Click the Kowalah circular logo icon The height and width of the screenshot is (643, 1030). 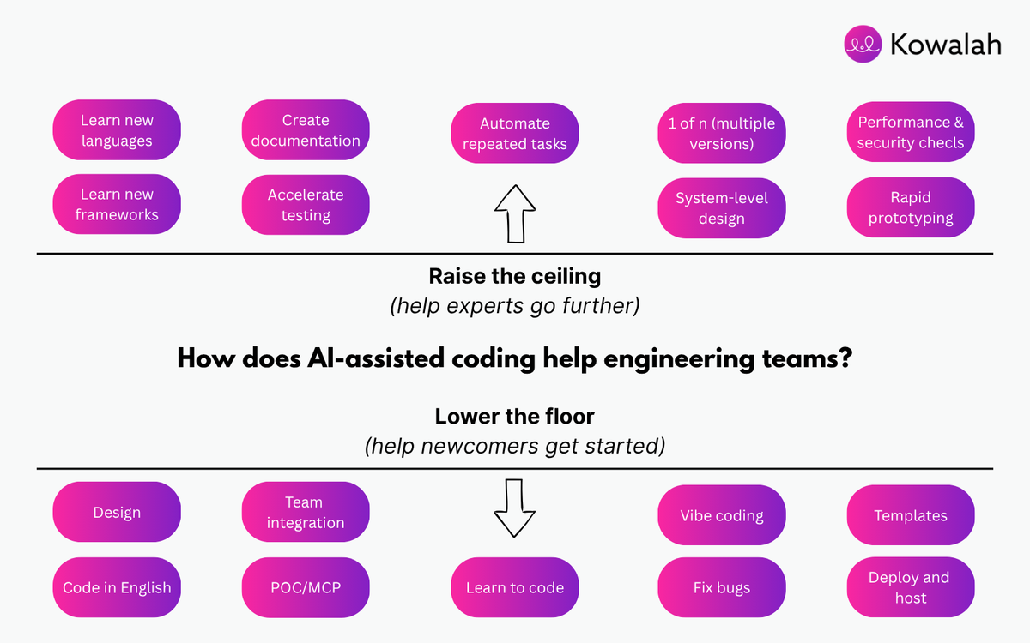[863, 43]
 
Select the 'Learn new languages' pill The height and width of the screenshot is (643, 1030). [117, 130]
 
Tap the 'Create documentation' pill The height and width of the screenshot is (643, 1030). [306, 130]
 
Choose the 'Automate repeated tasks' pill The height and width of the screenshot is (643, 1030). [515, 134]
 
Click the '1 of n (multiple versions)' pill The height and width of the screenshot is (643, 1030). [722, 134]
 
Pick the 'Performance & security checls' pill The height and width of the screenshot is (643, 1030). [911, 132]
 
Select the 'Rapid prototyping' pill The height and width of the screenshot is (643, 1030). [911, 207]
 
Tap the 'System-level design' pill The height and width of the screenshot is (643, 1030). [722, 208]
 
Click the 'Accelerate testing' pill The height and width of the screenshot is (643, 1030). [306, 205]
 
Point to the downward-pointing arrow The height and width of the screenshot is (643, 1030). [515, 508]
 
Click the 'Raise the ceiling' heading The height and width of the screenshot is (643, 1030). [515, 277]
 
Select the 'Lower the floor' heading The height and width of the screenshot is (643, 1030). [515, 417]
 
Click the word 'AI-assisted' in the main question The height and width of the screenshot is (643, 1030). [378, 359]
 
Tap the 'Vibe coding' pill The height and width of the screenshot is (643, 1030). [722, 515]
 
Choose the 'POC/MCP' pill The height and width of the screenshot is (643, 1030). [306, 587]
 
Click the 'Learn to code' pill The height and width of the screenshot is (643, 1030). [515, 587]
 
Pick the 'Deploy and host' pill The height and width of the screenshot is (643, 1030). [911, 587]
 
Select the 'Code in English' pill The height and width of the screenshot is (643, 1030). [117, 587]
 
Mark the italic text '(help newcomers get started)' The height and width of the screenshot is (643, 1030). [515, 447]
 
